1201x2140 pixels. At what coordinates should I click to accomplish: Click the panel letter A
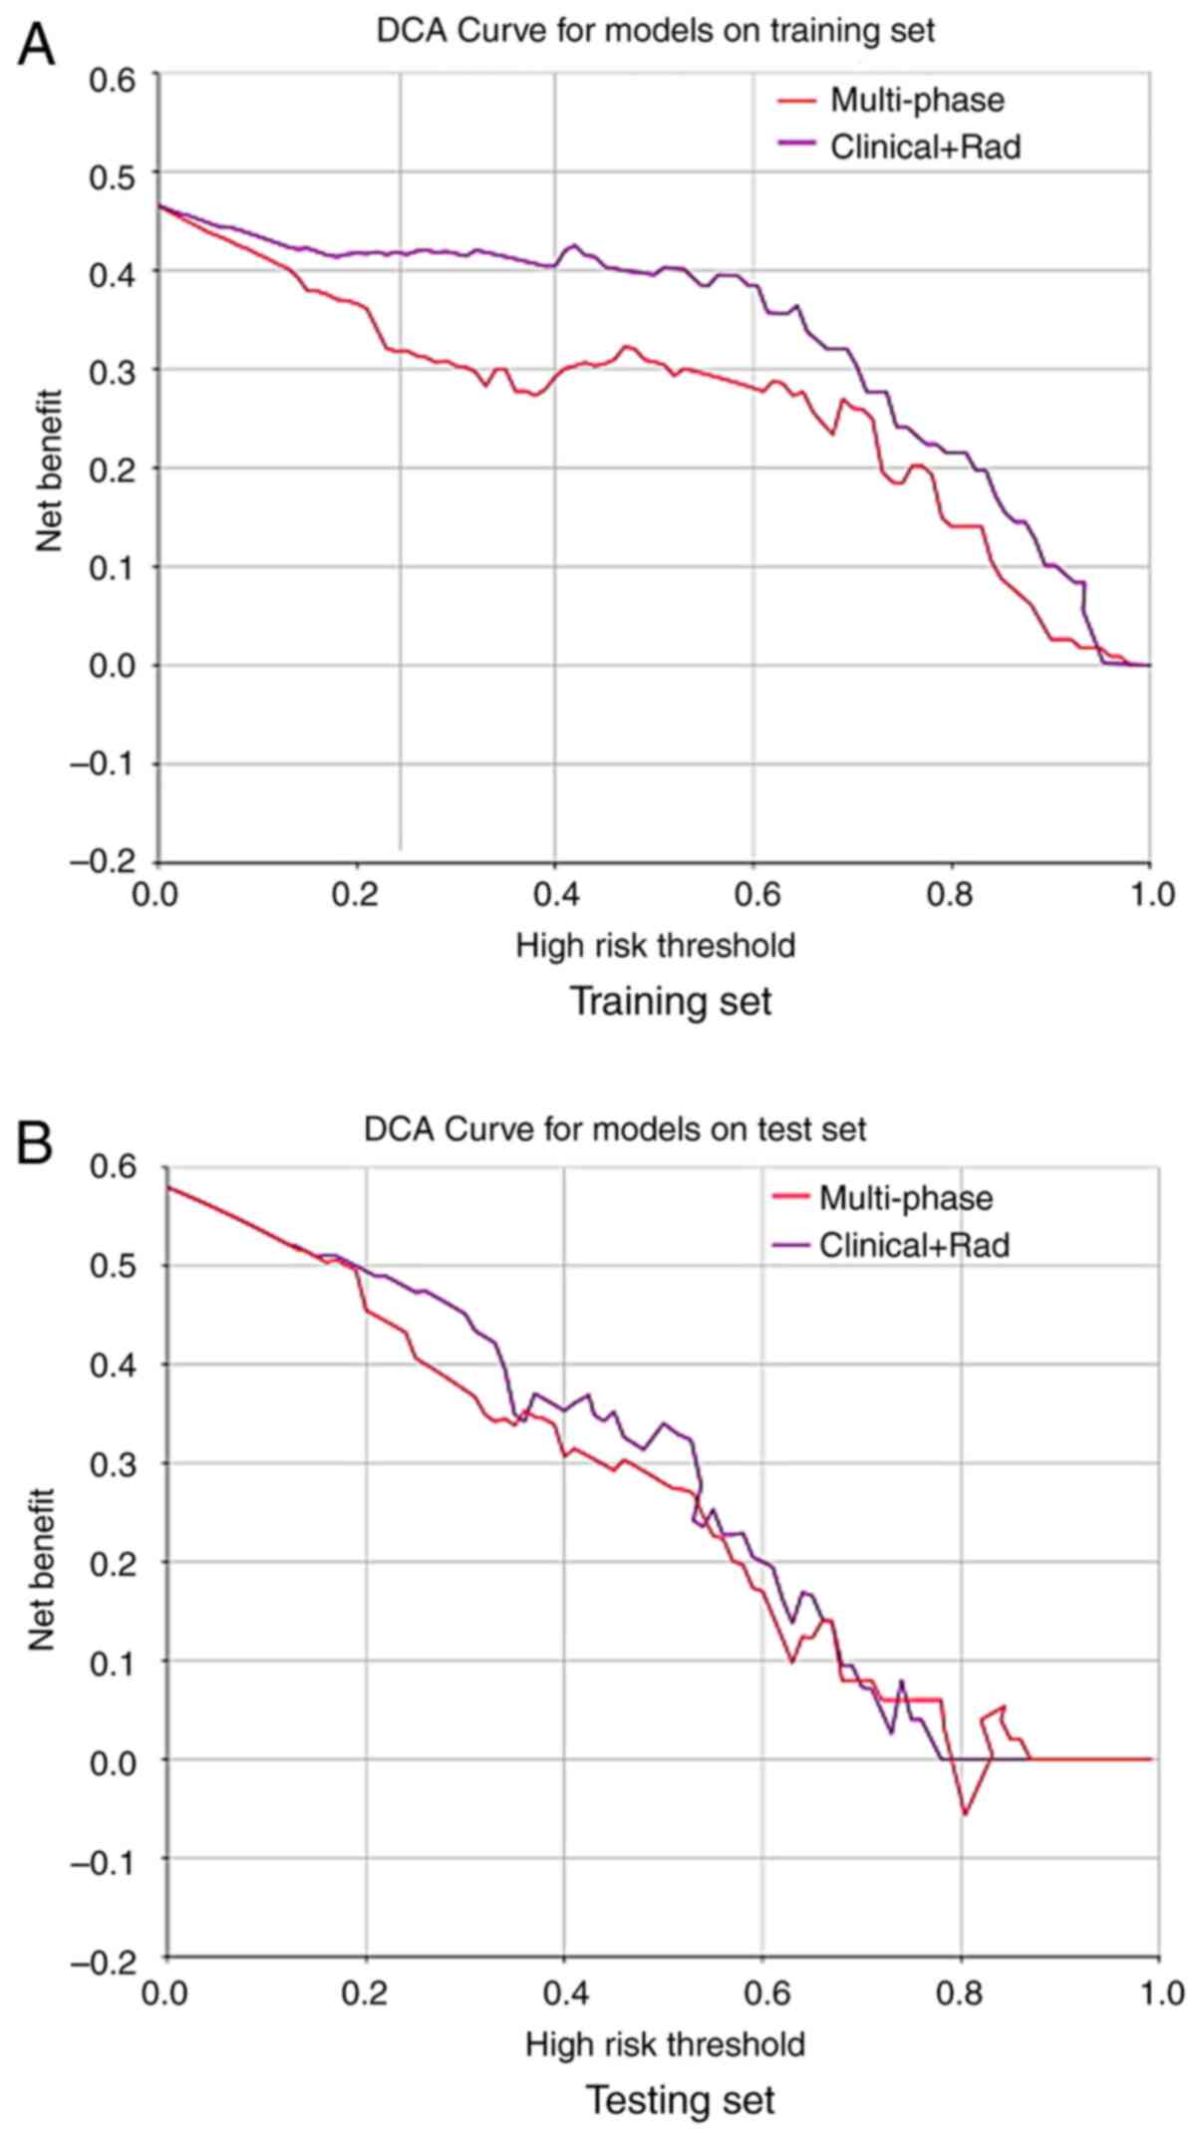[36, 44]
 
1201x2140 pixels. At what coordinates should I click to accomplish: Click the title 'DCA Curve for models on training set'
[655, 30]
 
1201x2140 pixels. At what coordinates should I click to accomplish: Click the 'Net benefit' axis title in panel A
[50, 469]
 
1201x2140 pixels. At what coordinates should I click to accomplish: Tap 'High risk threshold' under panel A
[655, 945]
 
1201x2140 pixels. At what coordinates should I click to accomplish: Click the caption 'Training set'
[670, 1000]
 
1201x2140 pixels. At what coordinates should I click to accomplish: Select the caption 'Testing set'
[680, 2099]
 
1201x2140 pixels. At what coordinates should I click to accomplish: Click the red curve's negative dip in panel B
[964, 1812]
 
